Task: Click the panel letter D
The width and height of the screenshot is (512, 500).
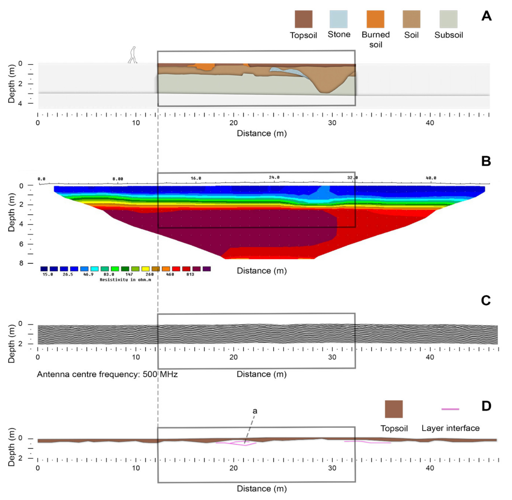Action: pos(486,406)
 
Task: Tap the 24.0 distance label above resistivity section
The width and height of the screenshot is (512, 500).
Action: pos(274,177)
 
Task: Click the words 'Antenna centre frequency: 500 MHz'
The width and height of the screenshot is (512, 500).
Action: pos(107,374)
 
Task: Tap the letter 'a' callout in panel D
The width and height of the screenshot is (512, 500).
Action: pos(255,411)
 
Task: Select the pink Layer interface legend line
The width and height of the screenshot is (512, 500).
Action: pos(450,409)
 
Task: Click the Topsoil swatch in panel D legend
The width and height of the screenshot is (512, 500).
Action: pos(393,409)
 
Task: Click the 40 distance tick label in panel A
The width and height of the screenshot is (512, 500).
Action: pos(430,123)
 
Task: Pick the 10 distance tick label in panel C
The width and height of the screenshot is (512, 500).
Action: pos(136,357)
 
